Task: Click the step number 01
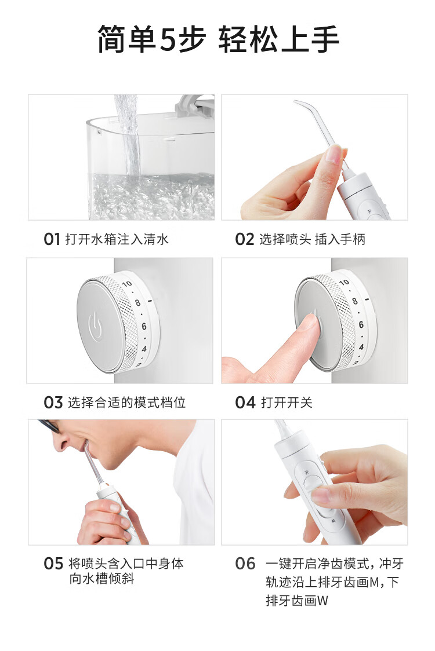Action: pyautogui.click(x=52, y=239)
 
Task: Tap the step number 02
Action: pyautogui.click(x=244, y=239)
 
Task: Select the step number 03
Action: pyautogui.click(x=53, y=403)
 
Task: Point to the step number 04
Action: pyautogui.click(x=245, y=403)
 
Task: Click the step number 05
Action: pyautogui.click(x=53, y=564)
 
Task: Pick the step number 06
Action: pyautogui.click(x=245, y=564)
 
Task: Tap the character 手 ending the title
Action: pyautogui.click(x=324, y=39)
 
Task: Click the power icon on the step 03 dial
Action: pyautogui.click(x=95, y=327)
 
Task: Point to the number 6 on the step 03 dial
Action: pyautogui.click(x=144, y=326)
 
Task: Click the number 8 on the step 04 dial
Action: pyautogui.click(x=355, y=301)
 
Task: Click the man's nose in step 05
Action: pyautogui.click(x=61, y=444)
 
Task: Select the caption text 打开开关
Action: pyautogui.click(x=287, y=403)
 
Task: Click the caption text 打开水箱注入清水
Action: pyautogui.click(x=117, y=239)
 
